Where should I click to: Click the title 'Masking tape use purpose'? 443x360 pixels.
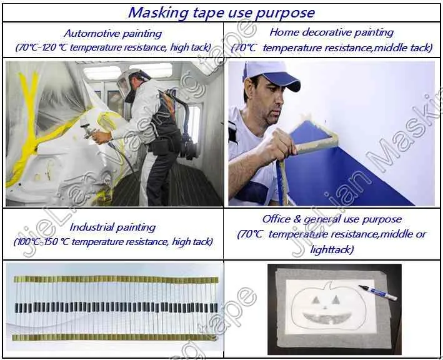click(221, 12)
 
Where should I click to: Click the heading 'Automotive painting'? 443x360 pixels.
click(112, 34)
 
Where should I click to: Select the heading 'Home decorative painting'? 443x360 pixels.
click(331, 32)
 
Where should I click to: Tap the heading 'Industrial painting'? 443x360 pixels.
click(112, 227)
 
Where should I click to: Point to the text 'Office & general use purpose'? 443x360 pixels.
click(331, 219)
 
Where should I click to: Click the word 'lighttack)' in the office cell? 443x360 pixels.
click(331, 249)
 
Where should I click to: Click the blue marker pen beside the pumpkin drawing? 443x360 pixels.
click(377, 291)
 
